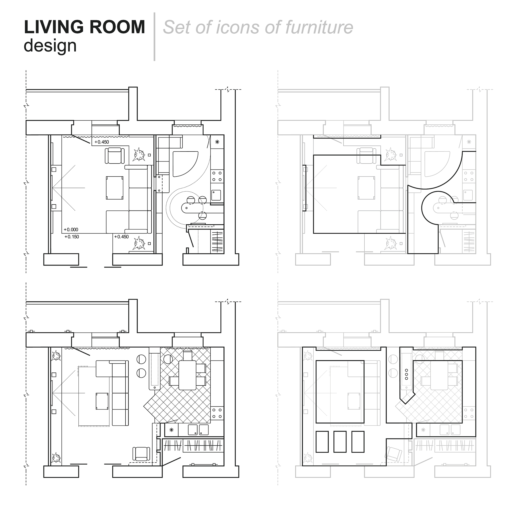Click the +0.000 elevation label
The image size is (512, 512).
click(71, 229)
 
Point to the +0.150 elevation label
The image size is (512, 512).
click(72, 237)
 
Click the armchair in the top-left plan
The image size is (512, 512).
click(115, 155)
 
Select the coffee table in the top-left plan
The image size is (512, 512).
click(114, 188)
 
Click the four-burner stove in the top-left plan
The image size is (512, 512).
click(217, 176)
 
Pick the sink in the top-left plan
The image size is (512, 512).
click(216, 195)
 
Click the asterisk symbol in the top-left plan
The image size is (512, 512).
click(217, 142)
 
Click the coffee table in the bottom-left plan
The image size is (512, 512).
click(102, 401)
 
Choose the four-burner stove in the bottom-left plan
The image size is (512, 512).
click(217, 413)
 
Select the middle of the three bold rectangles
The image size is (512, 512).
click(340, 441)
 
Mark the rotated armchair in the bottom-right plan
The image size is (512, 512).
click(393, 454)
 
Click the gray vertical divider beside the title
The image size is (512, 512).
click(154, 36)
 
